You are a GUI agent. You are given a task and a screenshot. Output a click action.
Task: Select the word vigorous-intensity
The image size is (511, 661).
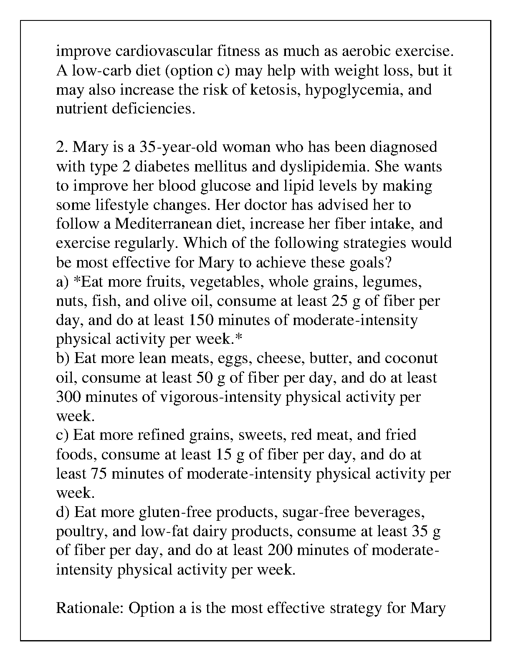coord(220,397)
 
